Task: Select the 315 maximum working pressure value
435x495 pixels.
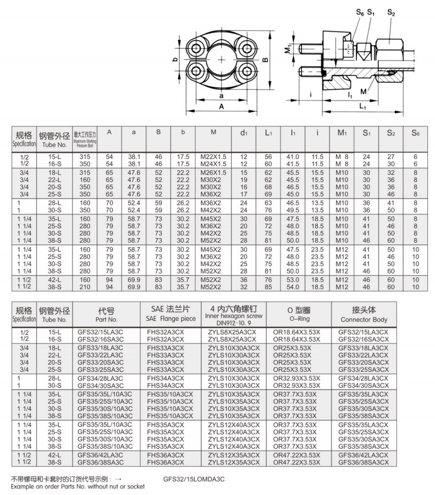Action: pyautogui.click(x=85, y=157)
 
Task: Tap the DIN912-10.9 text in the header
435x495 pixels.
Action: pyautogui.click(x=234, y=322)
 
